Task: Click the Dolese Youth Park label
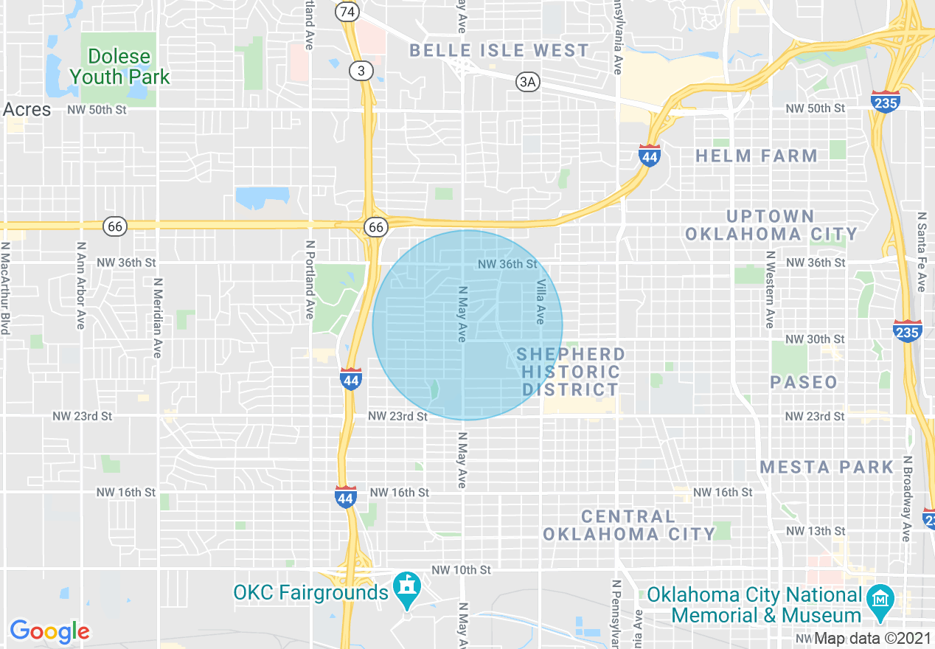click(118, 66)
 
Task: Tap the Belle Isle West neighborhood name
click(499, 51)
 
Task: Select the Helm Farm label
click(757, 156)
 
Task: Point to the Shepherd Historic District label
click(570, 372)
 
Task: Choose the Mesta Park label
click(827, 467)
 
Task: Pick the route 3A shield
click(527, 82)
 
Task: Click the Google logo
click(49, 631)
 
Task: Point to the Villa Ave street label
click(541, 302)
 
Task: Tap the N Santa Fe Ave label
click(922, 251)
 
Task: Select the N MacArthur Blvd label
click(5, 289)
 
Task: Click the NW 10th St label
click(461, 570)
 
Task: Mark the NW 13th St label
click(816, 531)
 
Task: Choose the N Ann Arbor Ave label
click(81, 286)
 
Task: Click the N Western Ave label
click(769, 289)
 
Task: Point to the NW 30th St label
click(816, 339)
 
